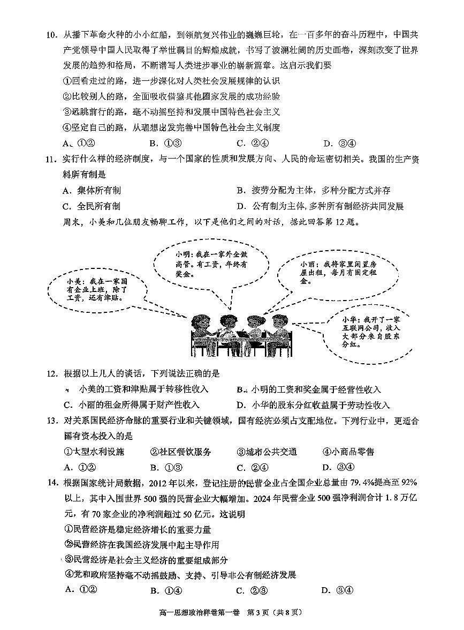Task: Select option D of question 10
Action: (x=339, y=143)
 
